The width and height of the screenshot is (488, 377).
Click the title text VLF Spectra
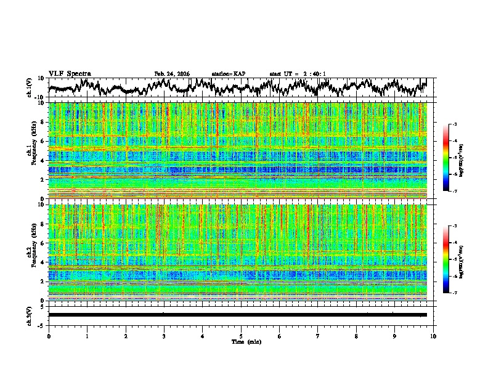click(70, 73)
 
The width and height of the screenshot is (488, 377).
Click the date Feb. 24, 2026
click(172, 74)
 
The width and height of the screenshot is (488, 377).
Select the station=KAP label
click(228, 74)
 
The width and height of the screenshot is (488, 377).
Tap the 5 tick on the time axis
click(241, 336)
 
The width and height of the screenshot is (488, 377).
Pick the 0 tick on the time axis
click(49, 336)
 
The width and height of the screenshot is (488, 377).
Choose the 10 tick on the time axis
click(434, 336)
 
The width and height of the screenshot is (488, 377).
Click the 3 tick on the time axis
click(164, 336)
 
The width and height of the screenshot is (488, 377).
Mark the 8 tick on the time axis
click(357, 336)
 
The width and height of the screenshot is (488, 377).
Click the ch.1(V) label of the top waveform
click(30, 88)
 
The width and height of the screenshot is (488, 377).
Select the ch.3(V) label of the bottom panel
click(30, 315)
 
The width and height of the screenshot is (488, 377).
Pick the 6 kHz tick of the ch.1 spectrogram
click(43, 141)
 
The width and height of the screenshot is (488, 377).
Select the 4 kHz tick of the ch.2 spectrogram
click(43, 262)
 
